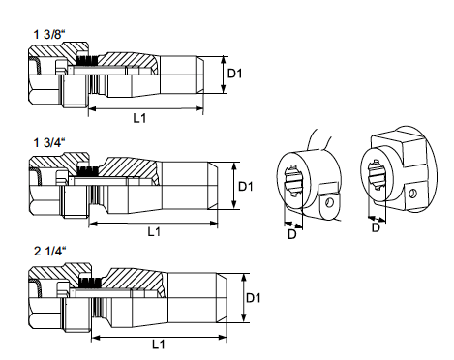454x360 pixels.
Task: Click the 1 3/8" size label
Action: click(49, 34)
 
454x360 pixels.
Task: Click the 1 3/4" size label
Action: click(49, 142)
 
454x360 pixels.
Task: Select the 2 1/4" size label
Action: click(49, 251)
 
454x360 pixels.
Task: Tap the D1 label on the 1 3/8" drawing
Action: click(234, 74)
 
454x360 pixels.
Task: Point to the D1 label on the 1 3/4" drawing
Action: click(246, 187)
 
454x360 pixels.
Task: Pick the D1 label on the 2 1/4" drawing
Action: click(253, 298)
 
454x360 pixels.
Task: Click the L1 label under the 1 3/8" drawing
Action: click(139, 118)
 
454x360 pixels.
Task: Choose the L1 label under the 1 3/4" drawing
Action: click(154, 231)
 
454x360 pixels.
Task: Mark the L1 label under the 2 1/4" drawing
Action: click(159, 345)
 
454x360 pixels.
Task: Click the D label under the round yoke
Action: click(291, 234)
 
